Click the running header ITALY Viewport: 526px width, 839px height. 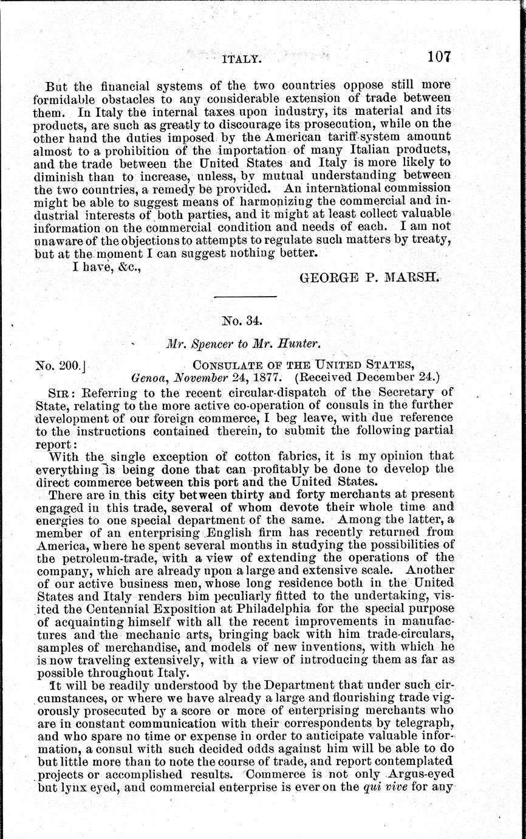[x=242, y=60]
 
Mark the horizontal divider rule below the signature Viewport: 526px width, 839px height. [x=247, y=296]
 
